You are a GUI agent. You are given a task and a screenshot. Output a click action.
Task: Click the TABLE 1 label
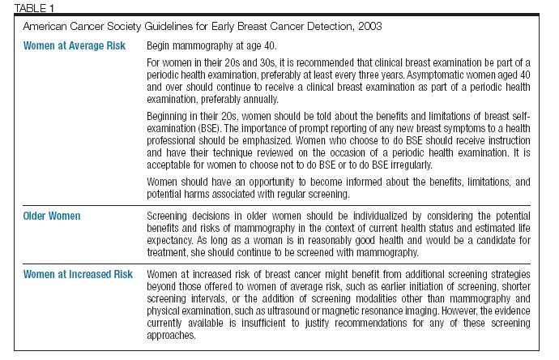pos(34,8)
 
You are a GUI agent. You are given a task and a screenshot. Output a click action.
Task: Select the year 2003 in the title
pos(370,27)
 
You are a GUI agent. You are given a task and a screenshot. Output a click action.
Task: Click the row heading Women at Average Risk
pos(75,45)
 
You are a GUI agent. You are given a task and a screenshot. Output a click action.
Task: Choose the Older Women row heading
pos(52,216)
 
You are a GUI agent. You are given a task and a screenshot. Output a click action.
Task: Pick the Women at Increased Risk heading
pos(78,274)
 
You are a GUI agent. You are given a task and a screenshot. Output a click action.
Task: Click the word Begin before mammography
pos(158,46)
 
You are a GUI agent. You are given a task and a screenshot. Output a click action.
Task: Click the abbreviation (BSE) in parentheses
pos(209,128)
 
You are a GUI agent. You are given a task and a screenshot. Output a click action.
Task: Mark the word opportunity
pos(271,182)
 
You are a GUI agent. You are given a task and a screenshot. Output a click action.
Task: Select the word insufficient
pos(263,323)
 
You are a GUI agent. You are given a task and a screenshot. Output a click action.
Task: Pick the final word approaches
pos(171,336)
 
